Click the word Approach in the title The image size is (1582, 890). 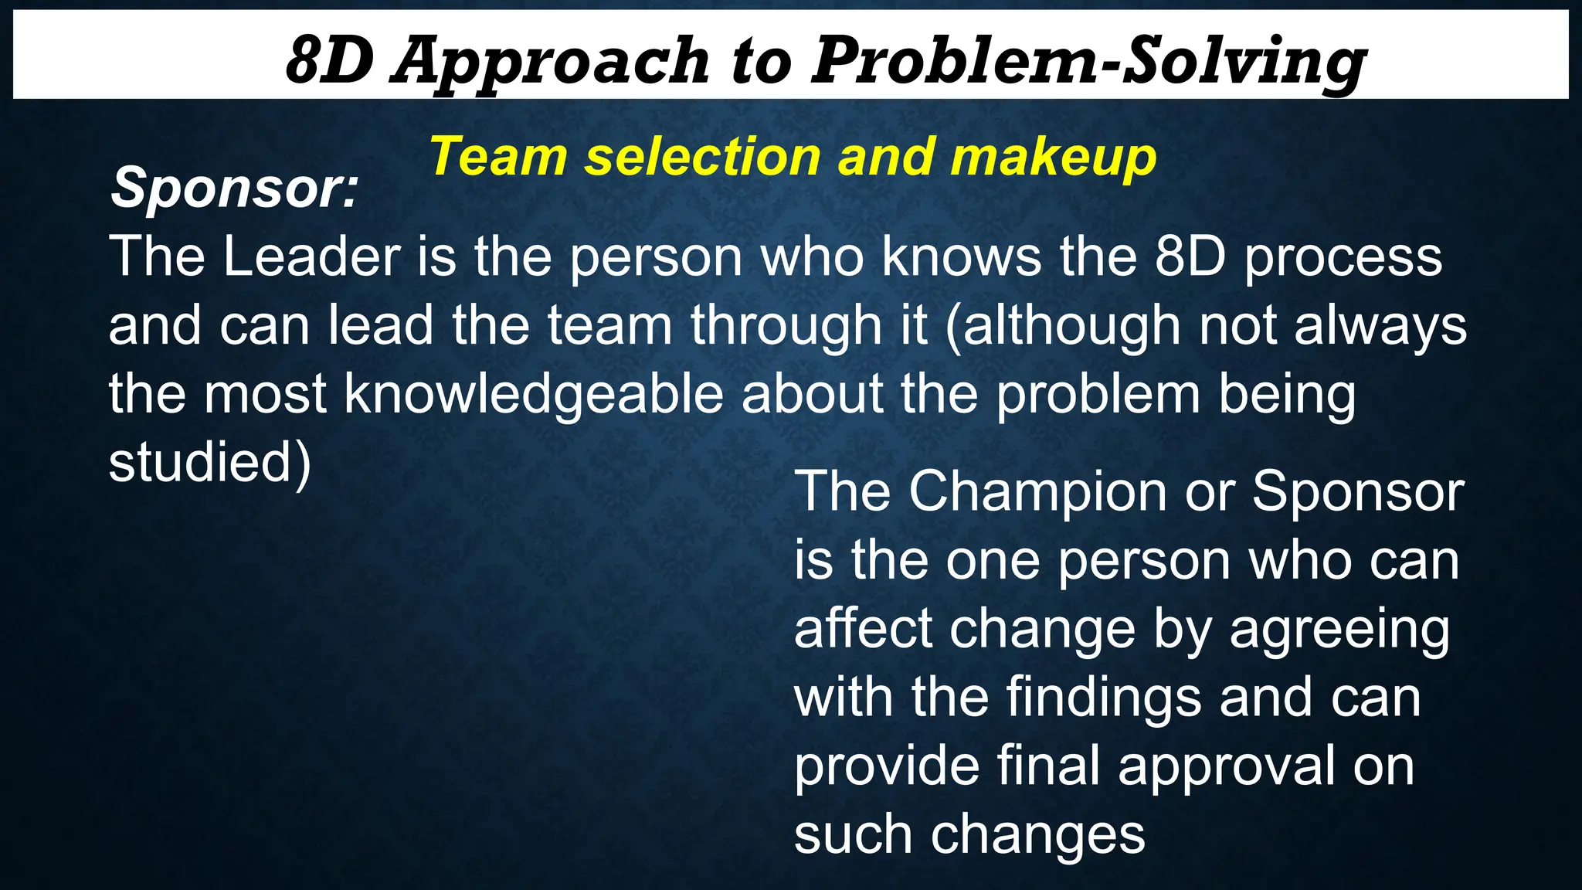click(551, 62)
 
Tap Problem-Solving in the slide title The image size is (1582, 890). click(1088, 62)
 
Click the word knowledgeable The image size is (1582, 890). click(533, 395)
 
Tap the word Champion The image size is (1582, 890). click(1037, 492)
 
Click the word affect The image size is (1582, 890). click(863, 629)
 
